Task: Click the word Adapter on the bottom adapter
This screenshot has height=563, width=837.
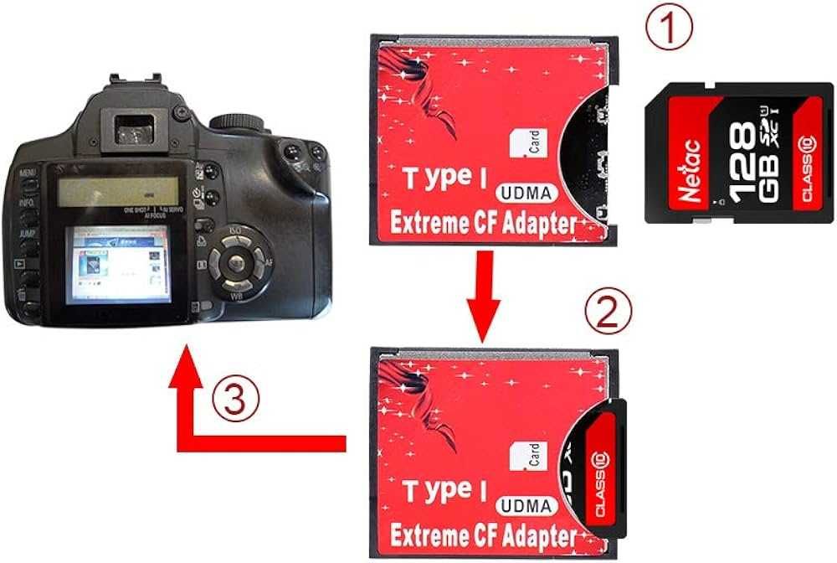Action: click(x=537, y=535)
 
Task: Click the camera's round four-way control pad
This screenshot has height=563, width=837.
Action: click(x=239, y=264)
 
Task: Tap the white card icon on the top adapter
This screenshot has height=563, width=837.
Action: click(x=527, y=144)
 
